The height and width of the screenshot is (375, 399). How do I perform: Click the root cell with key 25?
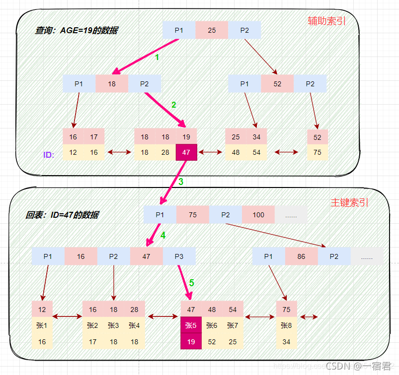212,30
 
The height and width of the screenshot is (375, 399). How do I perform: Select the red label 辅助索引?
326,21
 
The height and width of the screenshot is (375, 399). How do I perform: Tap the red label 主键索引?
350,202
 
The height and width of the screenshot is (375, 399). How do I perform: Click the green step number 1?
157,58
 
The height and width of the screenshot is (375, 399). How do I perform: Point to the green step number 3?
181,182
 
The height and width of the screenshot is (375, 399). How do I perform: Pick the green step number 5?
191,283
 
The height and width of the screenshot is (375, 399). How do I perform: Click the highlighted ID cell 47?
186,152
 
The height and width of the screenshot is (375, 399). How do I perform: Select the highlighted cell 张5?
191,325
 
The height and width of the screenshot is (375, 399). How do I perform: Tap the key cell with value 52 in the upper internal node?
277,84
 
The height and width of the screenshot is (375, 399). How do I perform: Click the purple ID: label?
49,155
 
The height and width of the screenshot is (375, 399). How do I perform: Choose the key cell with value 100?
258,215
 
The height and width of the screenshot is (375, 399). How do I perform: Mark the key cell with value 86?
301,256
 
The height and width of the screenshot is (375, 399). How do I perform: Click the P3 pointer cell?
179,256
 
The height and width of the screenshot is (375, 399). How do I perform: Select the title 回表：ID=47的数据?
62,215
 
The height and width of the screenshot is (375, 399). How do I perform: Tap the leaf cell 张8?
286,325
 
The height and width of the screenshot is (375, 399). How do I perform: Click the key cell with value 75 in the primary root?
193,215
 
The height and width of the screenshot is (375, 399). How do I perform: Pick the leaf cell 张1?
42,325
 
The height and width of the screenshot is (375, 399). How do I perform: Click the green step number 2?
173,105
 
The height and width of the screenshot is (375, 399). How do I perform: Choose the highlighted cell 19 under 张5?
191,341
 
